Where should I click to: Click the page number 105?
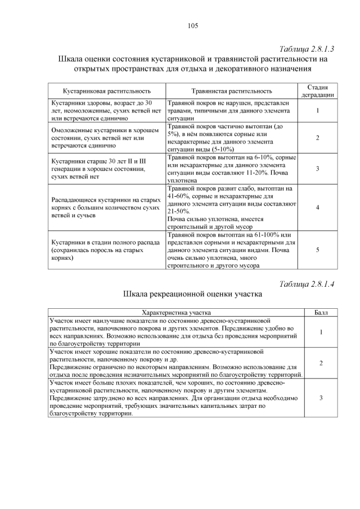(192, 25)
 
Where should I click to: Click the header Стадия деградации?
(318, 91)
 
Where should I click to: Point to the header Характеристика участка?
(176, 312)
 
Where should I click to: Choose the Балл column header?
(321, 312)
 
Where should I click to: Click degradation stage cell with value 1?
(318, 111)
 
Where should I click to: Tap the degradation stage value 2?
(318, 138)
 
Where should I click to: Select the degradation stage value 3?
(318, 169)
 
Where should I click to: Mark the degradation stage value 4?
(318, 208)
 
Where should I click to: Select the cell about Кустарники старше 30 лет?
(101, 169)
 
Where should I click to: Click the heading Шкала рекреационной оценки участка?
(192, 294)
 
